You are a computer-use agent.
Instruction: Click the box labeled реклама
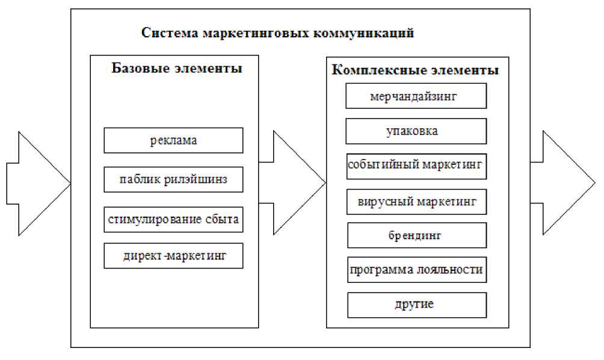173,140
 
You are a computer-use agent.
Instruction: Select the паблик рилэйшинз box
173,179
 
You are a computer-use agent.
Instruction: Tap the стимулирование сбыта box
173,219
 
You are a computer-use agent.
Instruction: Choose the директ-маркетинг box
173,256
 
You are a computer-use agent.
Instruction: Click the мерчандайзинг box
416,96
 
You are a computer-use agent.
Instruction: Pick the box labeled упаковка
416,131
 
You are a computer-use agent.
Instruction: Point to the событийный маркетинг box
416,166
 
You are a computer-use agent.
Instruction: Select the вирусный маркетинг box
416,202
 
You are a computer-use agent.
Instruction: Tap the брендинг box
416,235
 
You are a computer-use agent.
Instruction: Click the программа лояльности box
416,270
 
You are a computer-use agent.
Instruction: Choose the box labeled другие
416,305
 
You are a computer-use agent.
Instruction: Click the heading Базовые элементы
177,68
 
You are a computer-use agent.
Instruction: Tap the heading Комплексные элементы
415,70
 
